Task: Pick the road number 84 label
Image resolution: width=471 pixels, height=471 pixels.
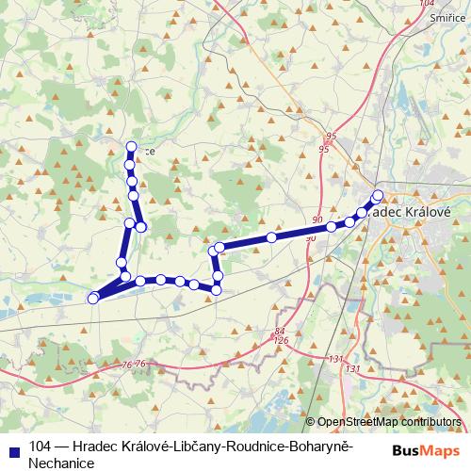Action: [279, 331]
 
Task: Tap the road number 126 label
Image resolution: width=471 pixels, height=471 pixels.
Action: [281, 340]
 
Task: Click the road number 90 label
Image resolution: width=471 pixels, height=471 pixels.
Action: [317, 220]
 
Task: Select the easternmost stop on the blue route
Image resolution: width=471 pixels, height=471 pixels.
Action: [379, 195]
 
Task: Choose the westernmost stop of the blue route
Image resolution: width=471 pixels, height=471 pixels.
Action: [92, 299]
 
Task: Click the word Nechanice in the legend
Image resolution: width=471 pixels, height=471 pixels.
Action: [62, 463]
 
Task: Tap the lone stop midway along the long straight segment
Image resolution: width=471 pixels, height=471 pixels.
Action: [270, 237]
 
